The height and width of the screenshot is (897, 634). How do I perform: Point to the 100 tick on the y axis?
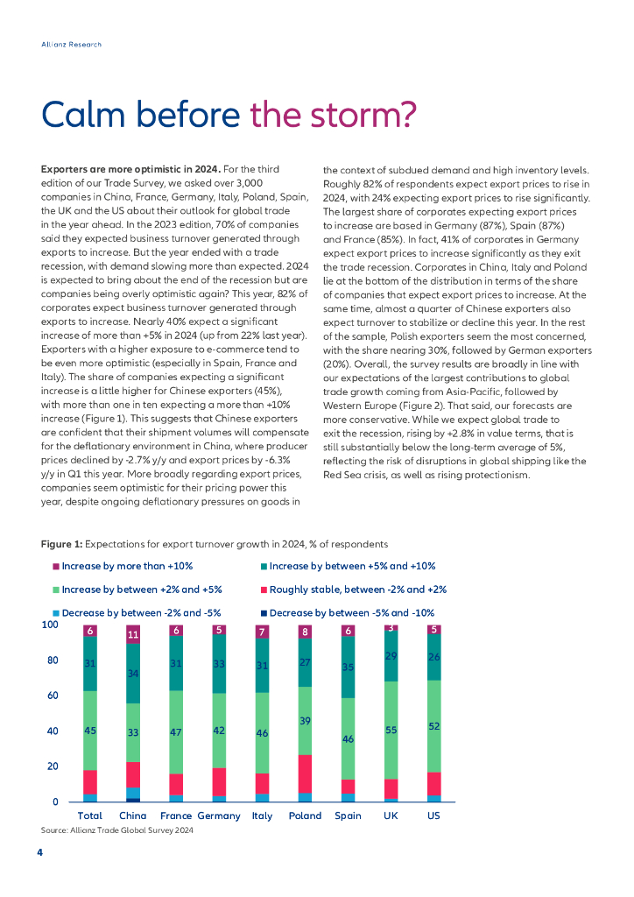50,625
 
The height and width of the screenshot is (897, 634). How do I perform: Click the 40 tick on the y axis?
53,731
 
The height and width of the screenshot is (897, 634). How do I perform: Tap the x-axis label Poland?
305,816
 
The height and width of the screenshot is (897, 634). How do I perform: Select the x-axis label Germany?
219,816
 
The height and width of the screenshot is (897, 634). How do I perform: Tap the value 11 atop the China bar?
132,635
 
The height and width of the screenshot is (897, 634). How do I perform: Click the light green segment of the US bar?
433,727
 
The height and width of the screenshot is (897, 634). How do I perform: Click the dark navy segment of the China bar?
132,800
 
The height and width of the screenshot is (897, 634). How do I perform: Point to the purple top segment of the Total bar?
89,631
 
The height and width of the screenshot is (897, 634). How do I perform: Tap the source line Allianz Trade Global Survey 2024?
117,830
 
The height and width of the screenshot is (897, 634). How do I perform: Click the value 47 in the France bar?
175,731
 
